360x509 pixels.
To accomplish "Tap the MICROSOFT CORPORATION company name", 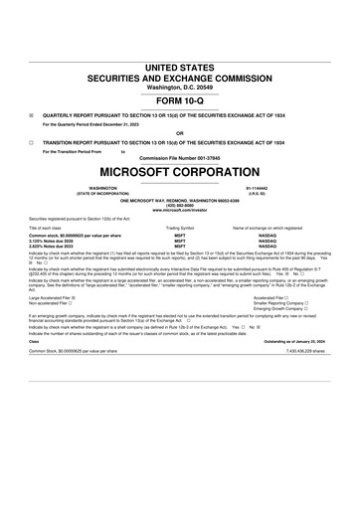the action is click(x=179, y=172).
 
